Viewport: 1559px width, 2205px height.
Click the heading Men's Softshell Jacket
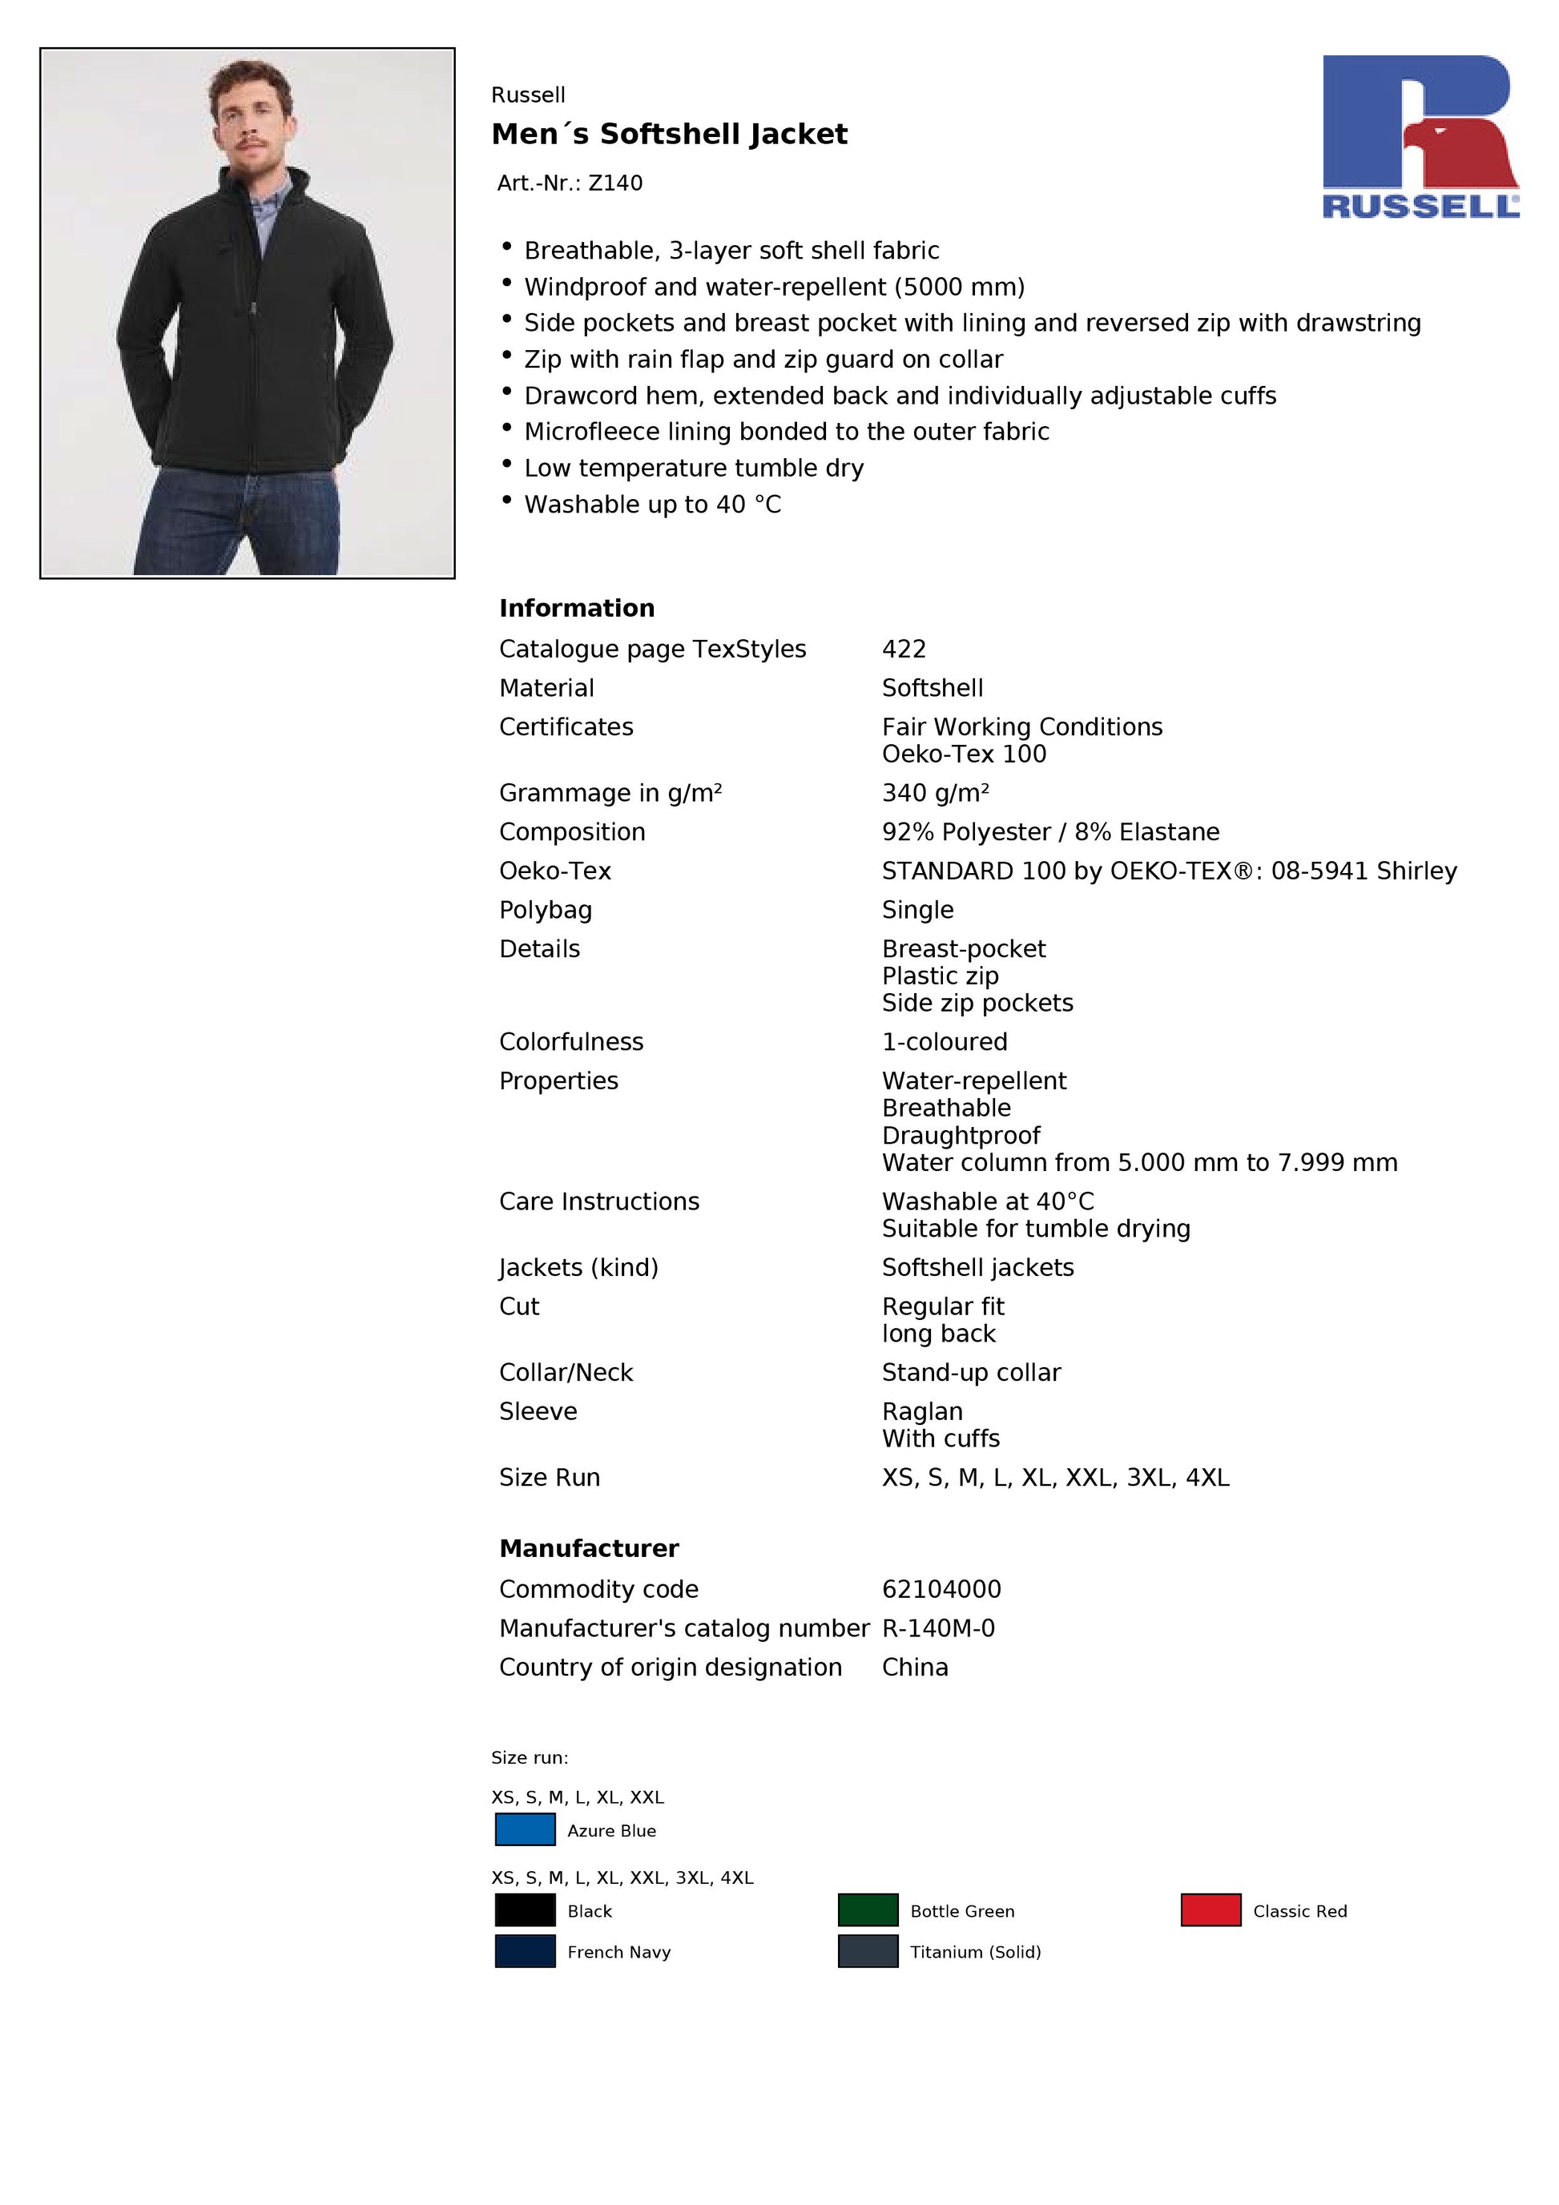pyautogui.click(x=669, y=135)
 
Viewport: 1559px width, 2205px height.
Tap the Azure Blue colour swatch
pyautogui.click(x=525, y=1830)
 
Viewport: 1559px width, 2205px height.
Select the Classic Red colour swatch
pyautogui.click(x=1211, y=1910)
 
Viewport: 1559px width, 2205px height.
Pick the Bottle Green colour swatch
pyautogui.click(x=868, y=1910)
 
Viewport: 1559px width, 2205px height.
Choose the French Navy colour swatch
pyautogui.click(x=525, y=1951)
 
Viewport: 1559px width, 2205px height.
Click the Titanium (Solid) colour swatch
pyautogui.click(x=868, y=1951)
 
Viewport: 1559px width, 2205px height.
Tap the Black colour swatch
pyautogui.click(x=525, y=1910)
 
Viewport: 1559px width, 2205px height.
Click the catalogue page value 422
pyautogui.click(x=904, y=650)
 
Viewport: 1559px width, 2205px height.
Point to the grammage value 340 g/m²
pyautogui.click(x=935, y=793)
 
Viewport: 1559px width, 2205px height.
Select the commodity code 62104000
pyautogui.click(x=941, y=1589)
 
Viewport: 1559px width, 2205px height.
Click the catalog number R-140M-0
pyautogui.click(x=938, y=1629)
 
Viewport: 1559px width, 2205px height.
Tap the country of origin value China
pyautogui.click(x=914, y=1668)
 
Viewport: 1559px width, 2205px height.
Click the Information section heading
pyautogui.click(x=576, y=608)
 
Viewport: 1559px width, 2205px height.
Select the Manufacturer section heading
pyautogui.click(x=589, y=1548)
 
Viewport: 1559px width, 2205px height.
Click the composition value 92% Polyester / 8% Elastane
pyautogui.click(x=1050, y=831)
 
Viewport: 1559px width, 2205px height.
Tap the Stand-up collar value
pyautogui.click(x=971, y=1372)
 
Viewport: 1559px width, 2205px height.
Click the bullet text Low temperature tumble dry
pyautogui.click(x=694, y=468)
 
